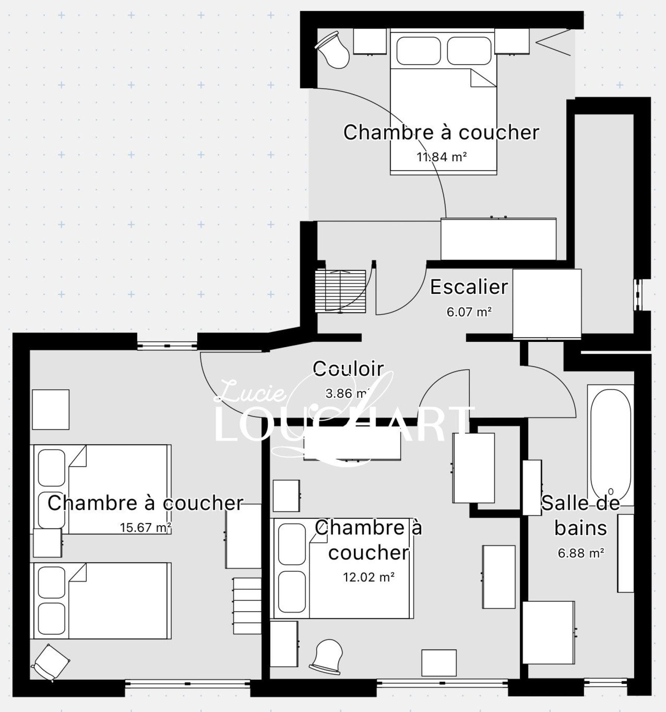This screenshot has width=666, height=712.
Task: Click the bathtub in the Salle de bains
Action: click(x=610, y=445)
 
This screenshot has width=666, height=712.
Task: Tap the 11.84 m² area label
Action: click(x=442, y=157)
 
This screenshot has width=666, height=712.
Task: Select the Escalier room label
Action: click(x=469, y=287)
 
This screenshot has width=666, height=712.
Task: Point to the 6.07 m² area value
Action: click(x=469, y=312)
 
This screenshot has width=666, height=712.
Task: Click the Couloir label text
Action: click(x=348, y=369)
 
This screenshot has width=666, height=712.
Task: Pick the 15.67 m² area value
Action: click(x=145, y=527)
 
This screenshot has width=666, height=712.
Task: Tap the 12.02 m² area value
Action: click(x=369, y=577)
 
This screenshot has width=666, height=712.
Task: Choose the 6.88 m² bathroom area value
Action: click(x=581, y=553)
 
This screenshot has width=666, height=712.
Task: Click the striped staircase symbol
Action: click(x=340, y=291)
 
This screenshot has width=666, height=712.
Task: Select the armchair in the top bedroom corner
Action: click(x=333, y=50)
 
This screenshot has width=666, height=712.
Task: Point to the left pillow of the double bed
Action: click(x=419, y=51)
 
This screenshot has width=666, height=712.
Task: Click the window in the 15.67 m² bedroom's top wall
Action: click(x=167, y=346)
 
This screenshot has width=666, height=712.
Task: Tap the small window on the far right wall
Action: click(x=637, y=294)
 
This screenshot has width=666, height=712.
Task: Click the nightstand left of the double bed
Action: click(x=370, y=42)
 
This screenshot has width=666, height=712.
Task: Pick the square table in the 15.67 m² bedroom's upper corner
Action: click(x=51, y=409)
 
